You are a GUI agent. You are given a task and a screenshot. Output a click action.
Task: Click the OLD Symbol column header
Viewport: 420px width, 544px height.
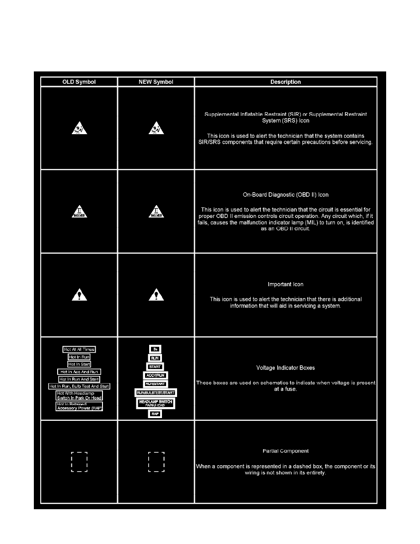(79, 82)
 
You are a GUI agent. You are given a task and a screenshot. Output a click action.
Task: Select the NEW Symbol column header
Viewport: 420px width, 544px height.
(156, 82)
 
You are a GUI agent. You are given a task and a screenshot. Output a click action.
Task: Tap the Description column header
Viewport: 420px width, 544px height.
(285, 82)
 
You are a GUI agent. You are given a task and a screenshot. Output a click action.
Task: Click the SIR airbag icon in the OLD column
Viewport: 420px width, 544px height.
(79, 129)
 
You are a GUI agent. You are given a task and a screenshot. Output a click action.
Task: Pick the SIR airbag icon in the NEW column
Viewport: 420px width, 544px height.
(156, 129)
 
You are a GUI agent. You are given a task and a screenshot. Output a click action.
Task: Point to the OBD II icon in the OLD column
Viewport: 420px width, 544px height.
(79, 211)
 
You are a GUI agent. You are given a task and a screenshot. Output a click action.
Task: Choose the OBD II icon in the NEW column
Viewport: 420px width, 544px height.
(156, 211)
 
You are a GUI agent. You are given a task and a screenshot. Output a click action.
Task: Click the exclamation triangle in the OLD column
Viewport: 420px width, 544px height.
(79, 295)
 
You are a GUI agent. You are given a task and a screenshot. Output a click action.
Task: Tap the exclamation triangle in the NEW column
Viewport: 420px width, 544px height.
(156, 295)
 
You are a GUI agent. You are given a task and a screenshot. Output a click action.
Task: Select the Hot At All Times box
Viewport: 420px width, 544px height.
(79, 349)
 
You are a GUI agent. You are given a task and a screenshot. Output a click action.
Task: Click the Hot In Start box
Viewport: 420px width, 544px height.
(79, 364)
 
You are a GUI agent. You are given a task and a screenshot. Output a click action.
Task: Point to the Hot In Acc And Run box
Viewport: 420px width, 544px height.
(79, 372)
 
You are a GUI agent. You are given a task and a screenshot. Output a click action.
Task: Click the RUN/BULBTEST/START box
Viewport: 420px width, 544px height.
(156, 393)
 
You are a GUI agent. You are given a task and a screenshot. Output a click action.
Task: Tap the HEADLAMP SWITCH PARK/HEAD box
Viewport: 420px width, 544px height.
(156, 403)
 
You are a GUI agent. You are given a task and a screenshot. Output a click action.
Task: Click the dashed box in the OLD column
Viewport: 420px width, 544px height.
(79, 462)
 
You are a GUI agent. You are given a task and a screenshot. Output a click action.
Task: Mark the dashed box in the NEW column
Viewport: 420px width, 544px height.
(156, 462)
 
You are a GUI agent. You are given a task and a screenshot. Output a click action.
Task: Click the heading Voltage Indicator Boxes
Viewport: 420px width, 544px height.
(286, 367)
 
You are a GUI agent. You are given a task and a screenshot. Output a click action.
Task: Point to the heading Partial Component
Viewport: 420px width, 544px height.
(286, 451)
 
